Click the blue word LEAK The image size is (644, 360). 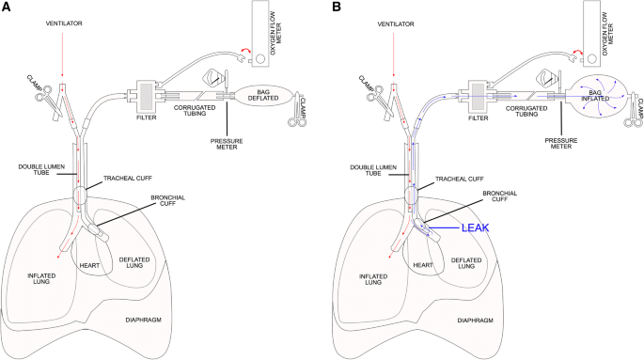point(475,227)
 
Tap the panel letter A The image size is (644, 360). point(6,7)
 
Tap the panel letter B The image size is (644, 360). point(338,7)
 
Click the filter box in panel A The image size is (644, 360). point(147,97)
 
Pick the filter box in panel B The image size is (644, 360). point(479,97)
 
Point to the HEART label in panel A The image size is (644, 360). point(89,266)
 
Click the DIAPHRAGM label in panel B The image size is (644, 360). point(475,321)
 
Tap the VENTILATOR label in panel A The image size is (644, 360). point(64,23)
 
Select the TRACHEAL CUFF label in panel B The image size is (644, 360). point(459,179)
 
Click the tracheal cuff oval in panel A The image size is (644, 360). point(80,196)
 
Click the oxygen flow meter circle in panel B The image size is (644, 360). point(592,58)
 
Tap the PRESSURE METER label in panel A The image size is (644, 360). point(227,144)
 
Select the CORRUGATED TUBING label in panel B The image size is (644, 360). point(526,111)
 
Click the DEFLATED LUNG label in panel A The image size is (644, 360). point(134,262)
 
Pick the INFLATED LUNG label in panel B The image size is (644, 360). point(373,279)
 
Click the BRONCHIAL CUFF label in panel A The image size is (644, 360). point(168,200)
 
